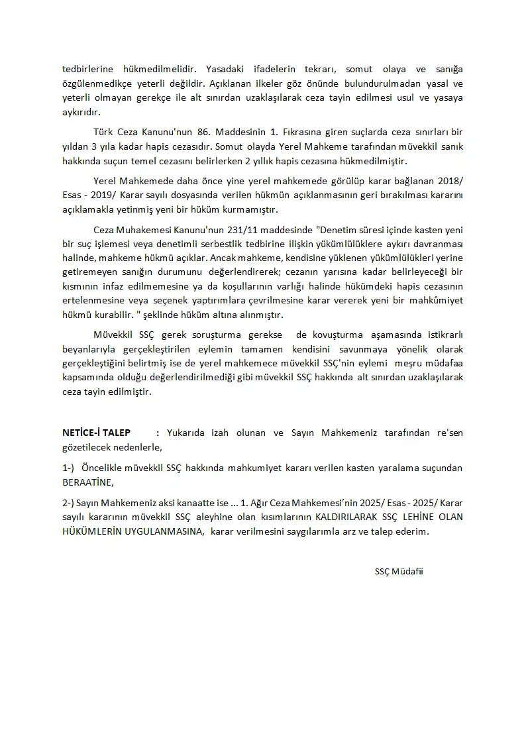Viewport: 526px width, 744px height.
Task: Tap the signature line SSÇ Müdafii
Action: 398,572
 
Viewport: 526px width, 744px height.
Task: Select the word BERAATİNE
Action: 87,482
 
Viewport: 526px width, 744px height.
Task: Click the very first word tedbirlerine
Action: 88,69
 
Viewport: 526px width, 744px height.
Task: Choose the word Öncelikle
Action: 107,468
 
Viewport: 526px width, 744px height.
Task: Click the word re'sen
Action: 450,433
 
